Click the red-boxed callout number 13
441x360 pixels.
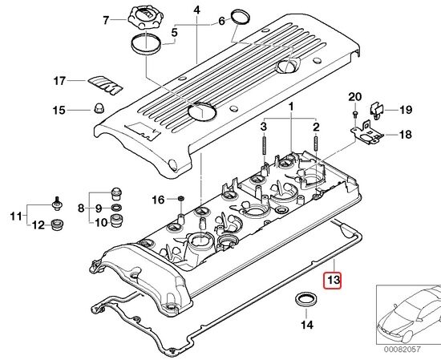coord(332,281)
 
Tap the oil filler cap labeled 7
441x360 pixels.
coord(142,17)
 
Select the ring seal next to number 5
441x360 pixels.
coord(147,43)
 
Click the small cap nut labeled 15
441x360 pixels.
coord(99,108)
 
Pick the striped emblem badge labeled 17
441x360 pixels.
coord(106,85)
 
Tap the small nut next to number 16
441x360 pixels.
coord(181,199)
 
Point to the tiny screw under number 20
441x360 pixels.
coord(354,114)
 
